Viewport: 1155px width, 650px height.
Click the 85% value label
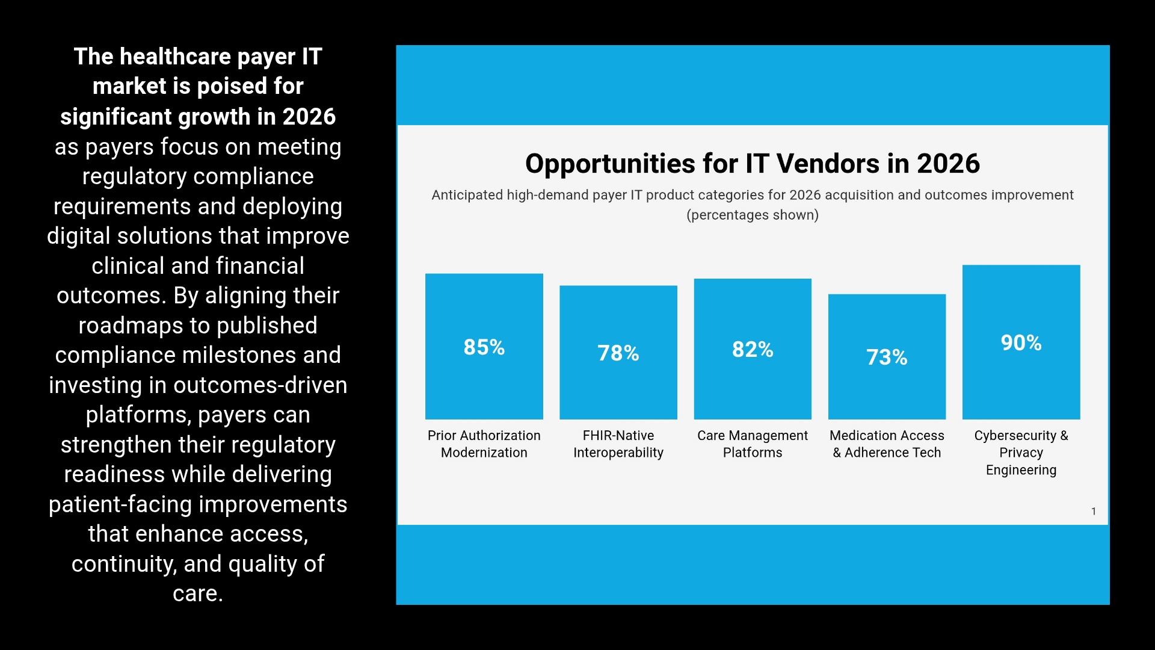(484, 347)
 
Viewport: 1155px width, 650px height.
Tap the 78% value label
(618, 353)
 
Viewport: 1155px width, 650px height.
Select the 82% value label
(752, 350)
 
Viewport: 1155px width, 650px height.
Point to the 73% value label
(887, 357)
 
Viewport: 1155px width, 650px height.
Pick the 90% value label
(1021, 343)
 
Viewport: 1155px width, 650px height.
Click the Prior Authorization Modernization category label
(484, 444)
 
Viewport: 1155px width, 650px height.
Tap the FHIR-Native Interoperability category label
(618, 444)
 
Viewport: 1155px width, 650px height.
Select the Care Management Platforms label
(752, 444)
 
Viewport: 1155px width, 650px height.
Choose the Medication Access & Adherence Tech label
(887, 444)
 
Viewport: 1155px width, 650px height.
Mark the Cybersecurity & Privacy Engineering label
(1021, 452)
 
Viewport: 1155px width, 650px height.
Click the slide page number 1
(1093, 512)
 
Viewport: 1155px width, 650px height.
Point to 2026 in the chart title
(948, 164)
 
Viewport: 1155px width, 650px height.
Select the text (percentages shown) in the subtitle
(752, 215)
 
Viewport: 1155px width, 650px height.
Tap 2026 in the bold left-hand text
(309, 117)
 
